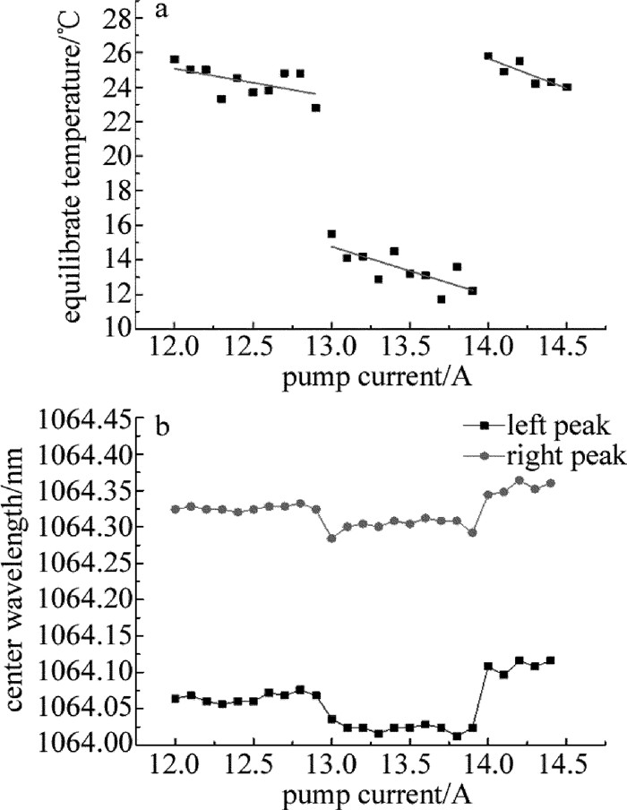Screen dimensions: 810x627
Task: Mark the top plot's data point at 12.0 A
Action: pyautogui.click(x=175, y=59)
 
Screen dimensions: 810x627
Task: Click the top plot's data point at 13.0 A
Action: pyautogui.click(x=331, y=234)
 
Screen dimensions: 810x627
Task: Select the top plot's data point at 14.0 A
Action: pyautogui.click(x=488, y=56)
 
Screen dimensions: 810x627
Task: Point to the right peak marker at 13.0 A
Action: pyautogui.click(x=331, y=539)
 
